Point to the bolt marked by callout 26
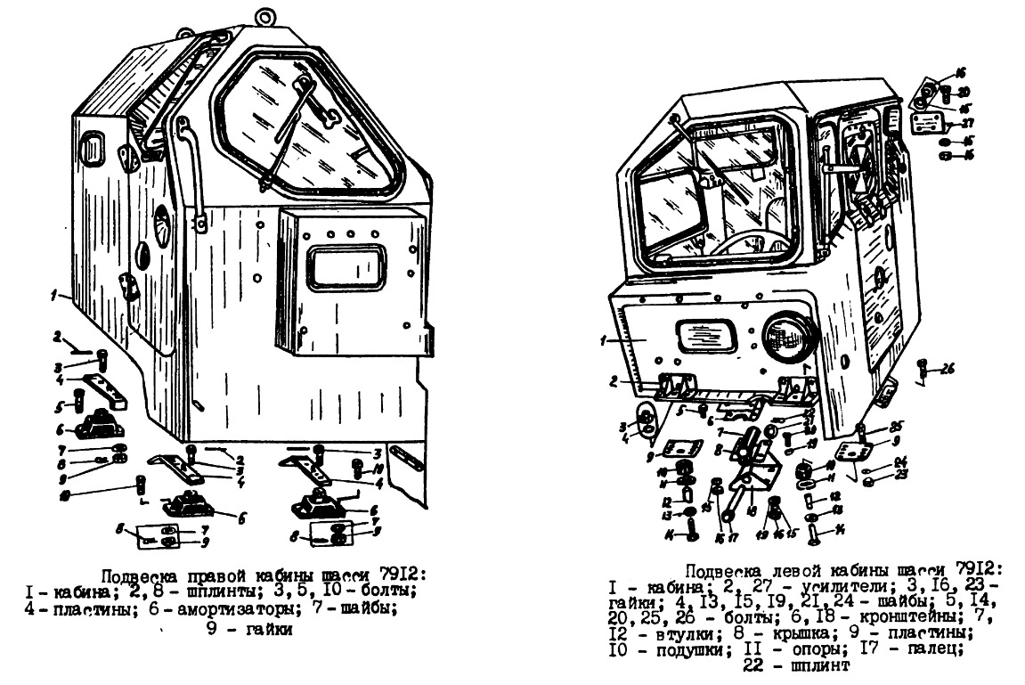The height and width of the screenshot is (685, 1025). point(923,368)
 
